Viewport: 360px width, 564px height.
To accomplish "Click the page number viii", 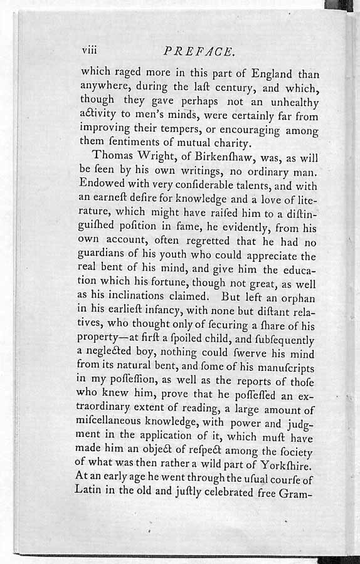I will coord(91,50).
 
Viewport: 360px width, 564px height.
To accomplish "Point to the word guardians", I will coord(107,255).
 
